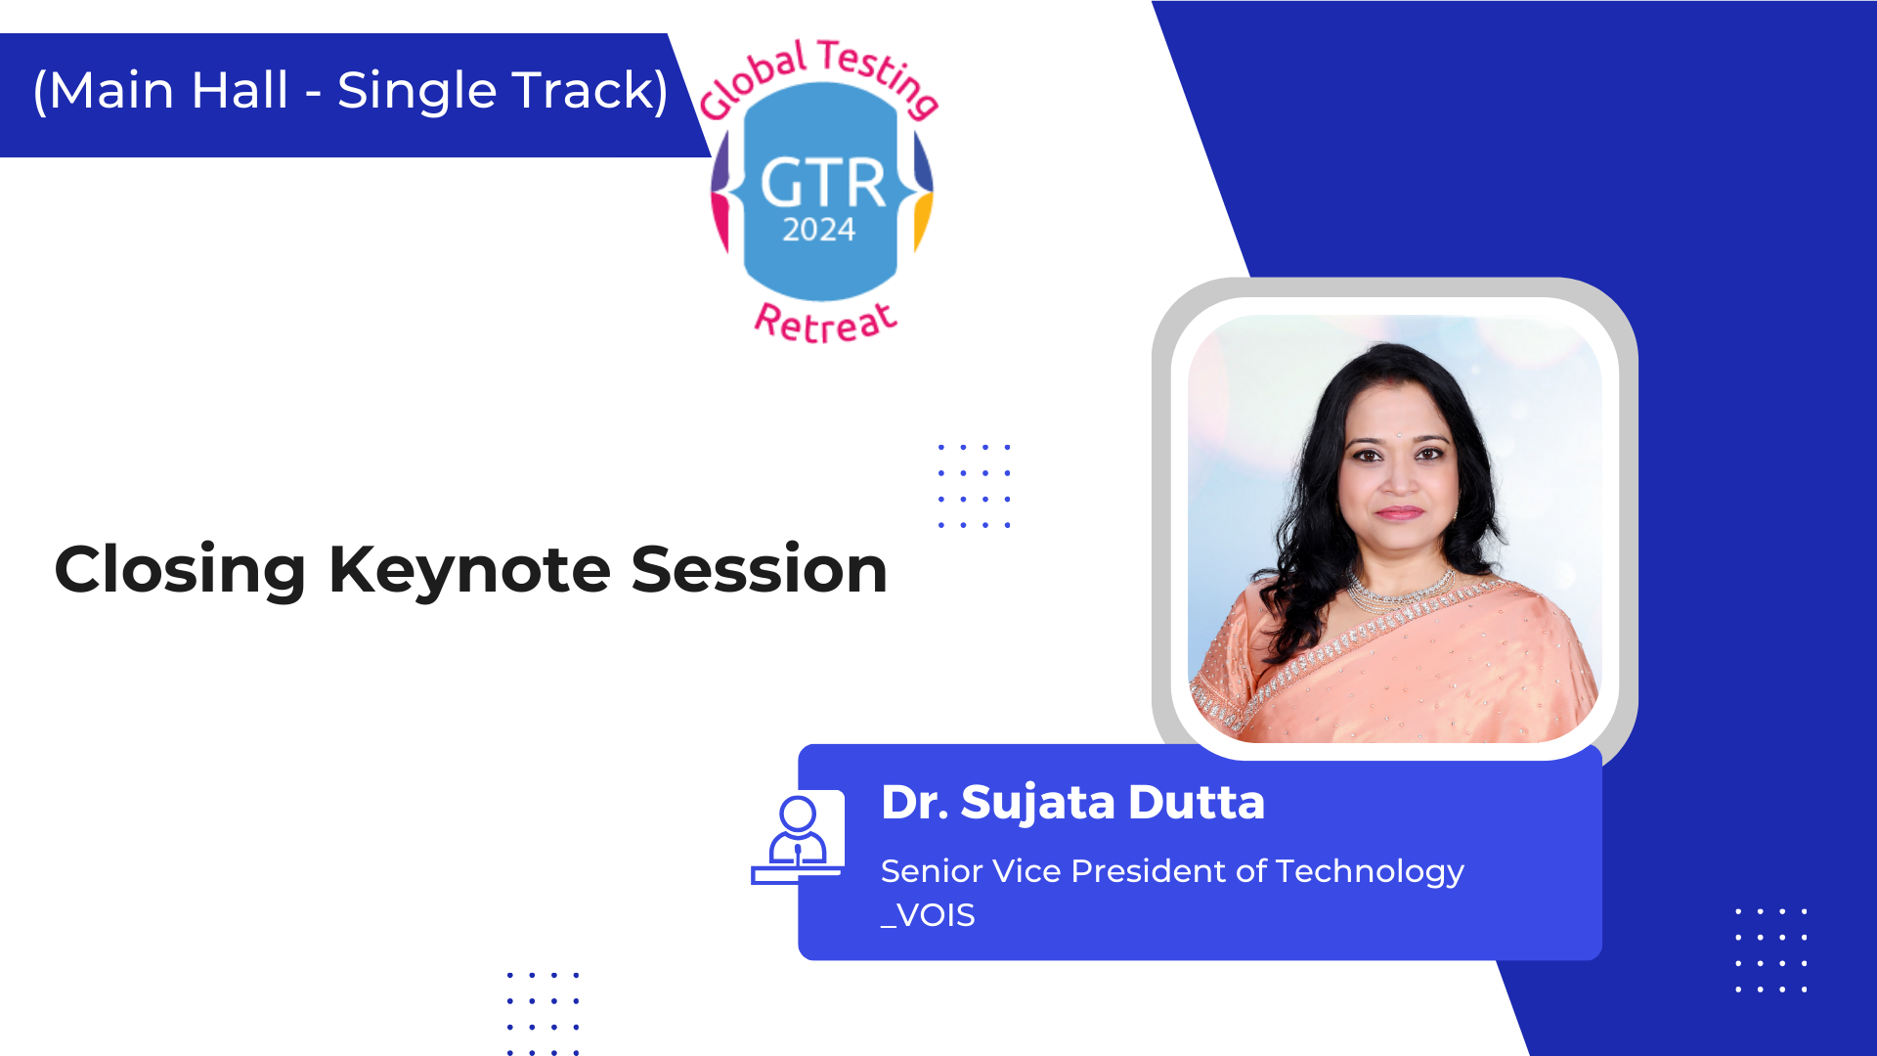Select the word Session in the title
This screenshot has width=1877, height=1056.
[x=760, y=569]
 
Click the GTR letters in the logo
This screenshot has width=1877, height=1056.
[x=823, y=183]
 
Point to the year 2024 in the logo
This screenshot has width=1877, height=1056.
[x=819, y=230]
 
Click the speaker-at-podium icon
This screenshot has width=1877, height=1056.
[x=798, y=839]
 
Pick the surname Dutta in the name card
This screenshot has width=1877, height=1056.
[x=1197, y=803]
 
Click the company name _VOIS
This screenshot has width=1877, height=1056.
[x=928, y=916]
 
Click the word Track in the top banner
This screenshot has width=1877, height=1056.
[x=579, y=90]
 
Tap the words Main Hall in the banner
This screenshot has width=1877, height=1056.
[x=168, y=90]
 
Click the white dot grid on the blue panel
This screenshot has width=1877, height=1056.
[x=1770, y=949]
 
